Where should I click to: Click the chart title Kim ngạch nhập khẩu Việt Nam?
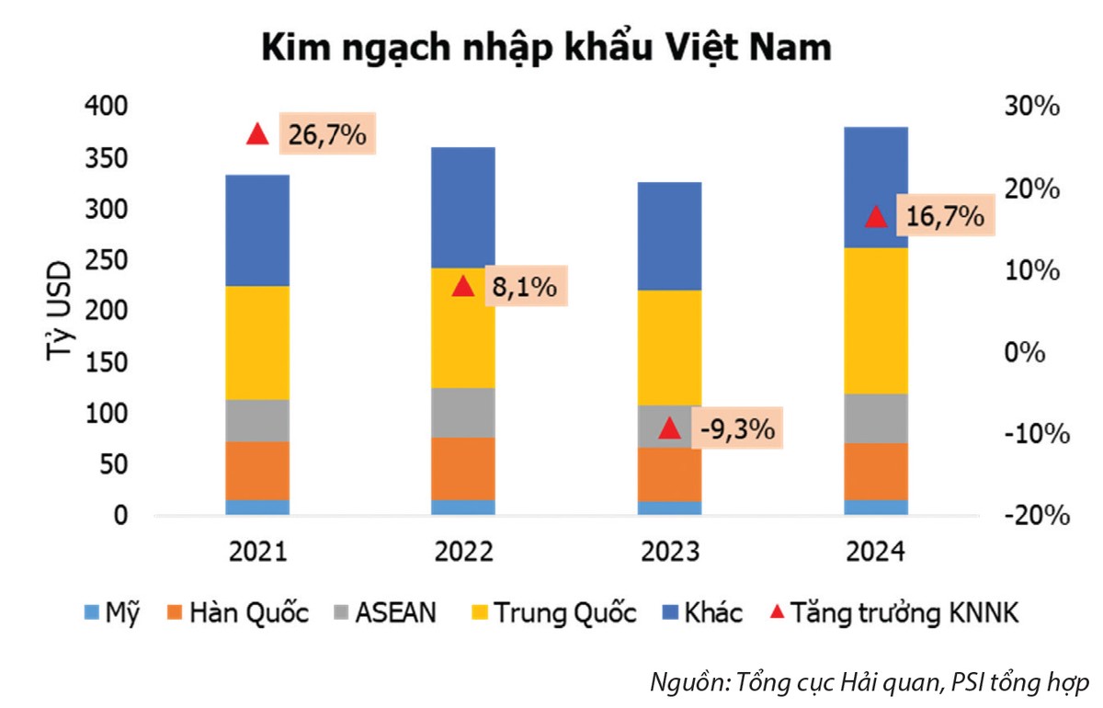pos(547,48)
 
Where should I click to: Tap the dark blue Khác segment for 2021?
pos(257,230)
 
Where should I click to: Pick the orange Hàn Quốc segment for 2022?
pos(463,468)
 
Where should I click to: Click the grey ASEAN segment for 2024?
pos(876,418)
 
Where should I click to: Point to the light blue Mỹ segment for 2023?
pos(669,508)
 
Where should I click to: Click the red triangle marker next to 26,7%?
pos(257,134)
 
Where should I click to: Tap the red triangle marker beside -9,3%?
pos(670,428)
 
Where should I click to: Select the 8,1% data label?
pos(523,287)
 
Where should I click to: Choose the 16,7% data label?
pos(944,217)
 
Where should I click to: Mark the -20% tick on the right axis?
pos(1037,516)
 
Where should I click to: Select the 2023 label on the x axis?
pos(669,552)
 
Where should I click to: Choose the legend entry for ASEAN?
pos(391,613)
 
